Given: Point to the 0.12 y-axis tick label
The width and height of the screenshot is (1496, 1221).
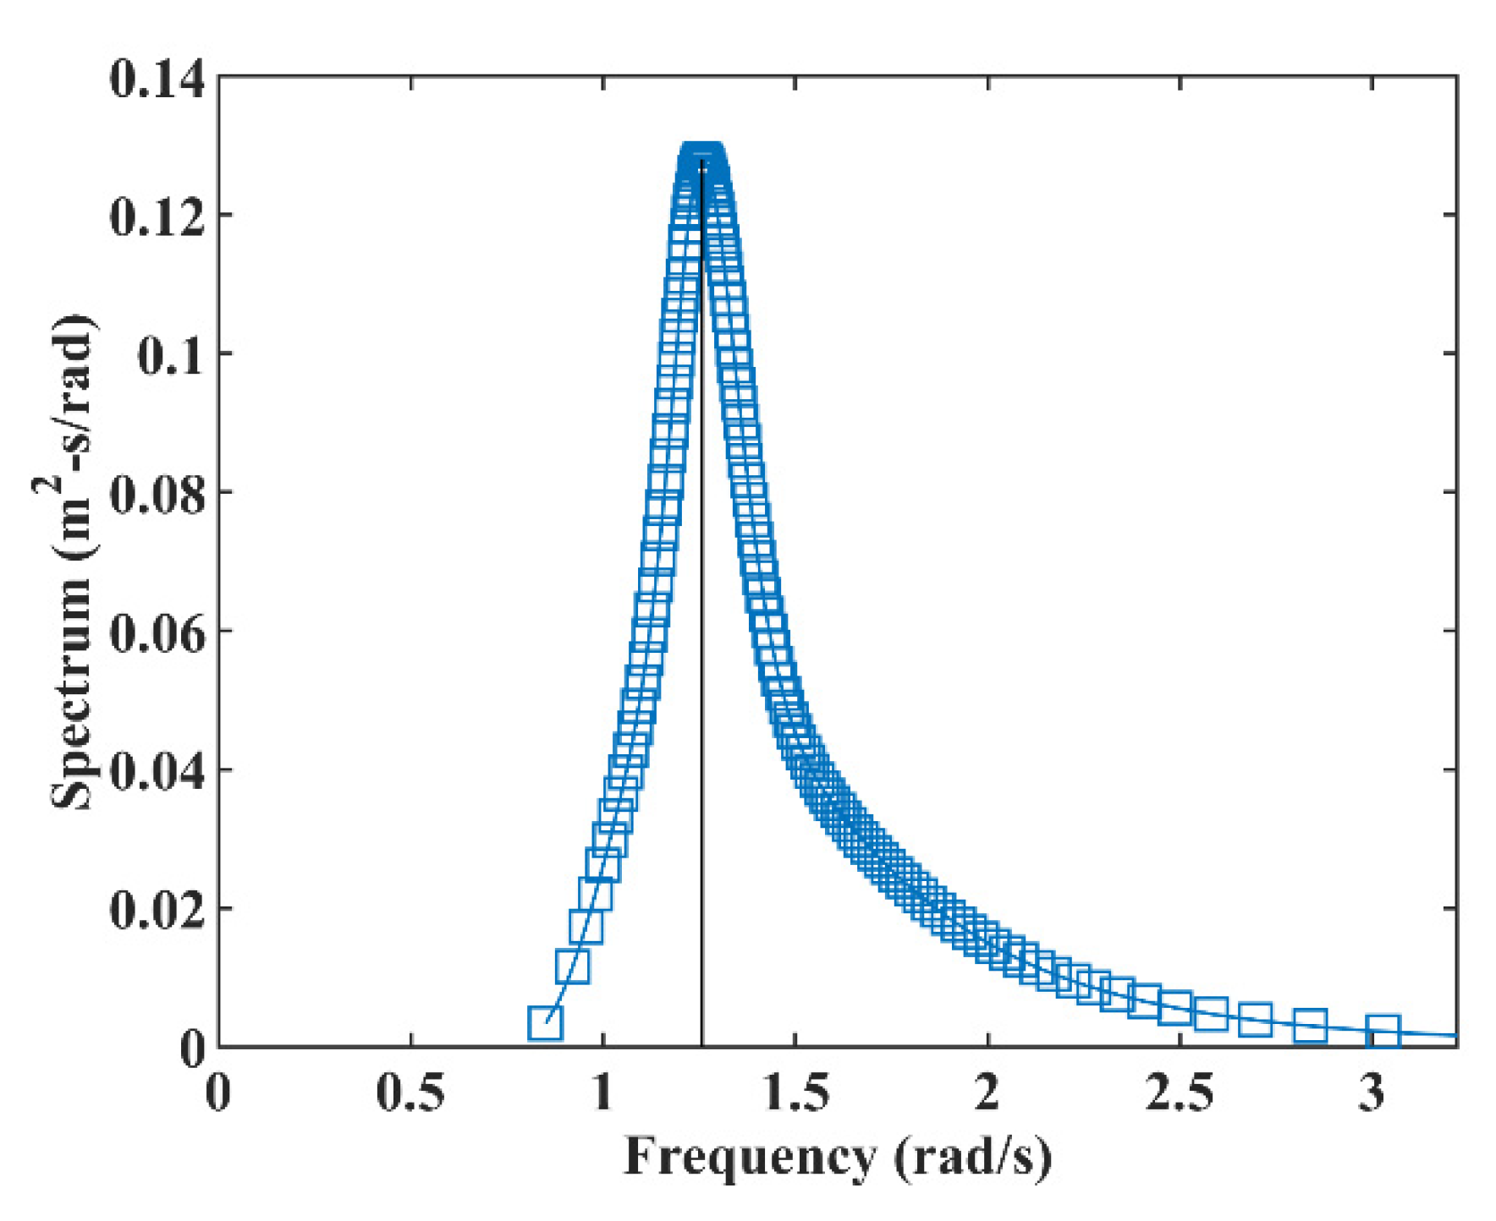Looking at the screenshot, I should (x=157, y=217).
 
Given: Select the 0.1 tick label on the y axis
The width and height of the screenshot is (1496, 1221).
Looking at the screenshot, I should (x=170, y=356).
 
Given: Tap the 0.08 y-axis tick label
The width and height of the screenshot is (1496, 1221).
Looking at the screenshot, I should (x=157, y=495).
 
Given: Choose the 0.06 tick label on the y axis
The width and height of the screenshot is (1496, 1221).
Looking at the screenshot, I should (x=157, y=633).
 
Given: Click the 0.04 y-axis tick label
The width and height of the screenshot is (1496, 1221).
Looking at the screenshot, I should (x=157, y=772).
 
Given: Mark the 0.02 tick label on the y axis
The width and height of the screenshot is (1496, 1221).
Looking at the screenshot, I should (x=157, y=911).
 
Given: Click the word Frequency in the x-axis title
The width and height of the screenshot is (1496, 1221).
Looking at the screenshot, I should (x=750, y=1156).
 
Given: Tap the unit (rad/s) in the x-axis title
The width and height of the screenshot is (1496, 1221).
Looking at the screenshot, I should (x=973, y=1156).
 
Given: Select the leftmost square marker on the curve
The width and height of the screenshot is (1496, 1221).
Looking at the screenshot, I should (x=546, y=1023).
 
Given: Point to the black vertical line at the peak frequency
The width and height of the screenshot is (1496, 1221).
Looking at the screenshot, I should (x=701, y=676).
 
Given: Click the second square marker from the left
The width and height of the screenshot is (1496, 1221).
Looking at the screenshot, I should (x=573, y=966).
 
